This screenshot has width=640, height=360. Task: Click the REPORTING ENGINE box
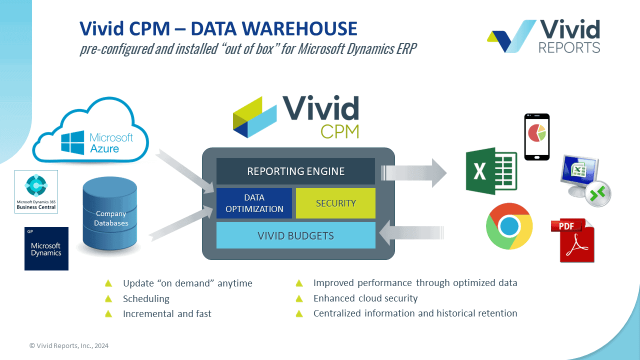pos(295,171)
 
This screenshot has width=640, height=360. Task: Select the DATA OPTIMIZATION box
pos(254,203)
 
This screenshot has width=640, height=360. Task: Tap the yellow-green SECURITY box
pos(335,203)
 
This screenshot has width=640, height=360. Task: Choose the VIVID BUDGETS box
pos(295,235)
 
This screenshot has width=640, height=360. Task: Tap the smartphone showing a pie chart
pos(536,136)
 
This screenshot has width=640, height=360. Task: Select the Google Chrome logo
pos(509,226)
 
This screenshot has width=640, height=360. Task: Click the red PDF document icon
pos(573,240)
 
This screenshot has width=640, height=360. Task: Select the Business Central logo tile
pos(36,191)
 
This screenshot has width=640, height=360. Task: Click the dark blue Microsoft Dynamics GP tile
pos(46,248)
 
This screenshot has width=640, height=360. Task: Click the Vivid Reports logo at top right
pos(544,36)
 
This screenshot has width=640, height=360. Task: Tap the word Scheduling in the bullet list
pos(146,299)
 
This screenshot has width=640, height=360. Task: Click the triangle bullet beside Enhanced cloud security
pos(299,298)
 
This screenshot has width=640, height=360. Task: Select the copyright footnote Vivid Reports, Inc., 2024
pos(69,345)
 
